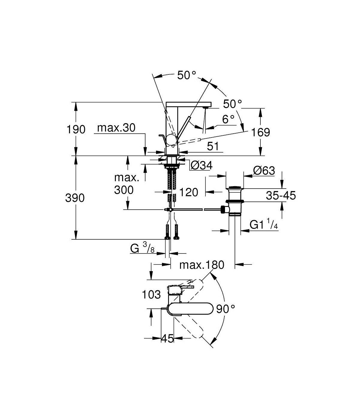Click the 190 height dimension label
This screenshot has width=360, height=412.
coord(76,129)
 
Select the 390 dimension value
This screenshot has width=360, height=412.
coord(75,198)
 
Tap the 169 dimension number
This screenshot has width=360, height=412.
coord(260,132)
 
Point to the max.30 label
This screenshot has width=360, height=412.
coord(116,128)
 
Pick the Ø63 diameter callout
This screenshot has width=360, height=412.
coord(264,171)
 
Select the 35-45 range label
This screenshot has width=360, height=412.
coord(281,195)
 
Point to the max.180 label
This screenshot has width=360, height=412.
coord(202,265)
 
